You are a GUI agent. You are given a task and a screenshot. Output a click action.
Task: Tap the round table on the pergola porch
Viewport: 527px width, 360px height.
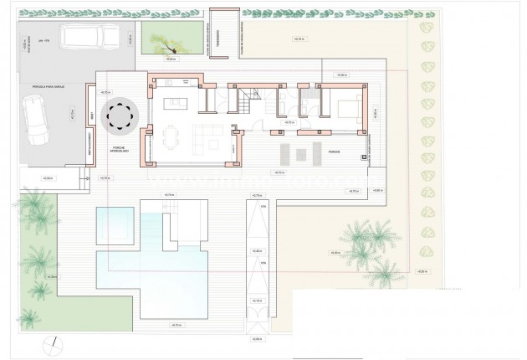point(119,117)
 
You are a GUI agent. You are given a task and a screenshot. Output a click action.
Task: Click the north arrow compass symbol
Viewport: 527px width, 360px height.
point(54,342)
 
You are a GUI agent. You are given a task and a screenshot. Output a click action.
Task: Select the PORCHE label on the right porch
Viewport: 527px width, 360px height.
point(334,152)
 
